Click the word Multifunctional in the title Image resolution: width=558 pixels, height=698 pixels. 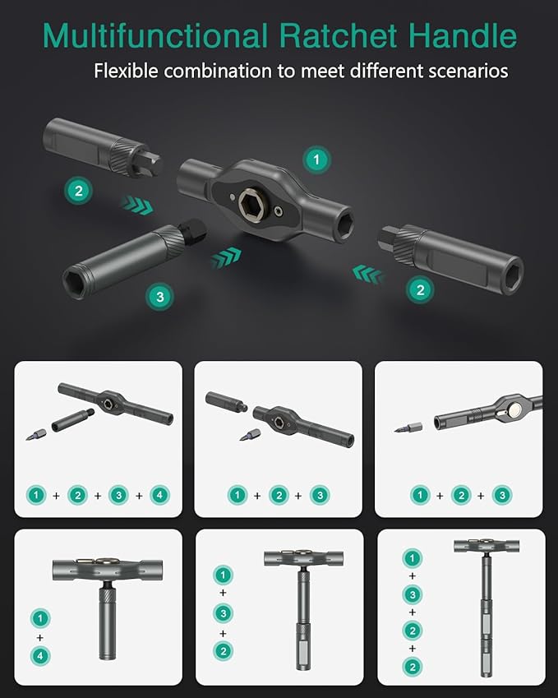[154, 36]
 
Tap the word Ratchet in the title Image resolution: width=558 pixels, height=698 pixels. [334, 36]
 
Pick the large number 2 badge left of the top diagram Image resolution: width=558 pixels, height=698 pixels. [79, 192]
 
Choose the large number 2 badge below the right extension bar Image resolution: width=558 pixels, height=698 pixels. [420, 289]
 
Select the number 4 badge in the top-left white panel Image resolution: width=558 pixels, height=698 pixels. [161, 496]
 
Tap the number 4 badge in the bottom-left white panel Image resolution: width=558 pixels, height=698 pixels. [39, 656]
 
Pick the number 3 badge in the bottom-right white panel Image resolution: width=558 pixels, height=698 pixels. [413, 594]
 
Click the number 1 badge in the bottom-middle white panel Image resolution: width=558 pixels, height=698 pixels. [221, 574]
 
